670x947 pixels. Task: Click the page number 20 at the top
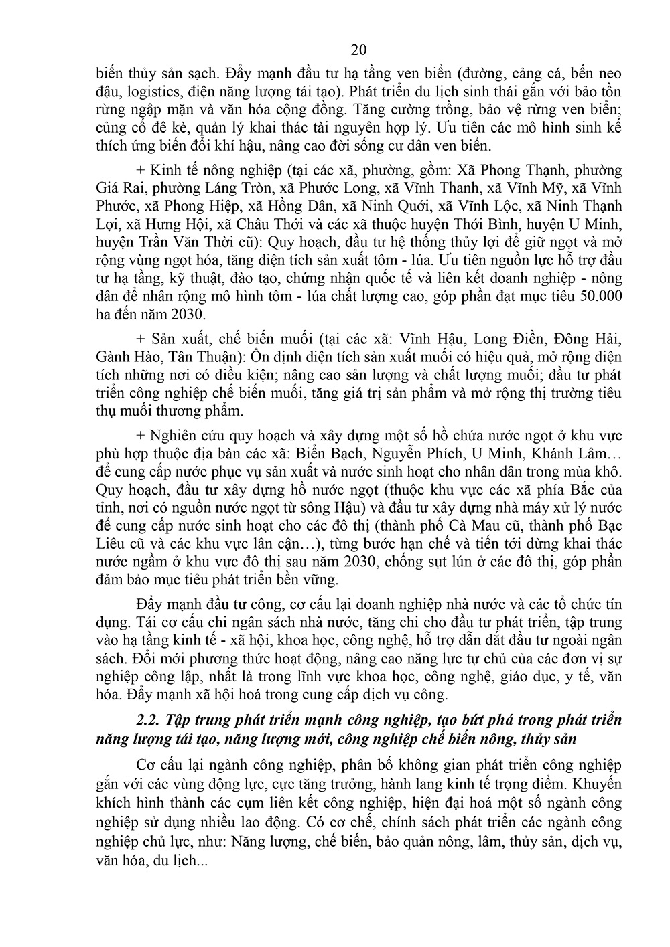(x=358, y=50)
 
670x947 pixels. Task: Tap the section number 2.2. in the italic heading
(x=149, y=721)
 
